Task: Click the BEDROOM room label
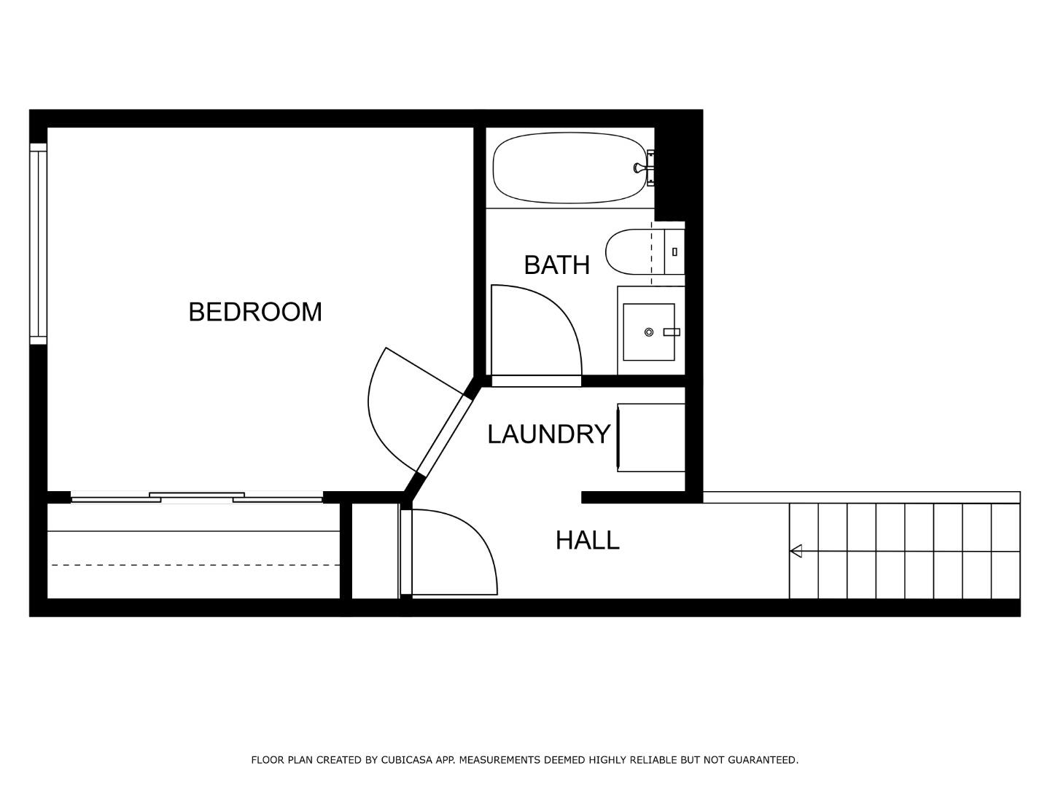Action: [254, 312]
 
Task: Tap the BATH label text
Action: [556, 265]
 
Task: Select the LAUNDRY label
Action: [548, 434]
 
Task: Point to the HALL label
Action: [587, 540]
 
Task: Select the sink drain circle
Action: [648, 332]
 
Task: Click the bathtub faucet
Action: [639, 168]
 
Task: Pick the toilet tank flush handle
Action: [674, 252]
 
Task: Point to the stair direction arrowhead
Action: [796, 551]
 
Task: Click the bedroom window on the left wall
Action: [38, 243]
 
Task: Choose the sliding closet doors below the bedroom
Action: [197, 498]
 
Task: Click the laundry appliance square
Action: [651, 437]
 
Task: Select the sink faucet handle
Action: [672, 332]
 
